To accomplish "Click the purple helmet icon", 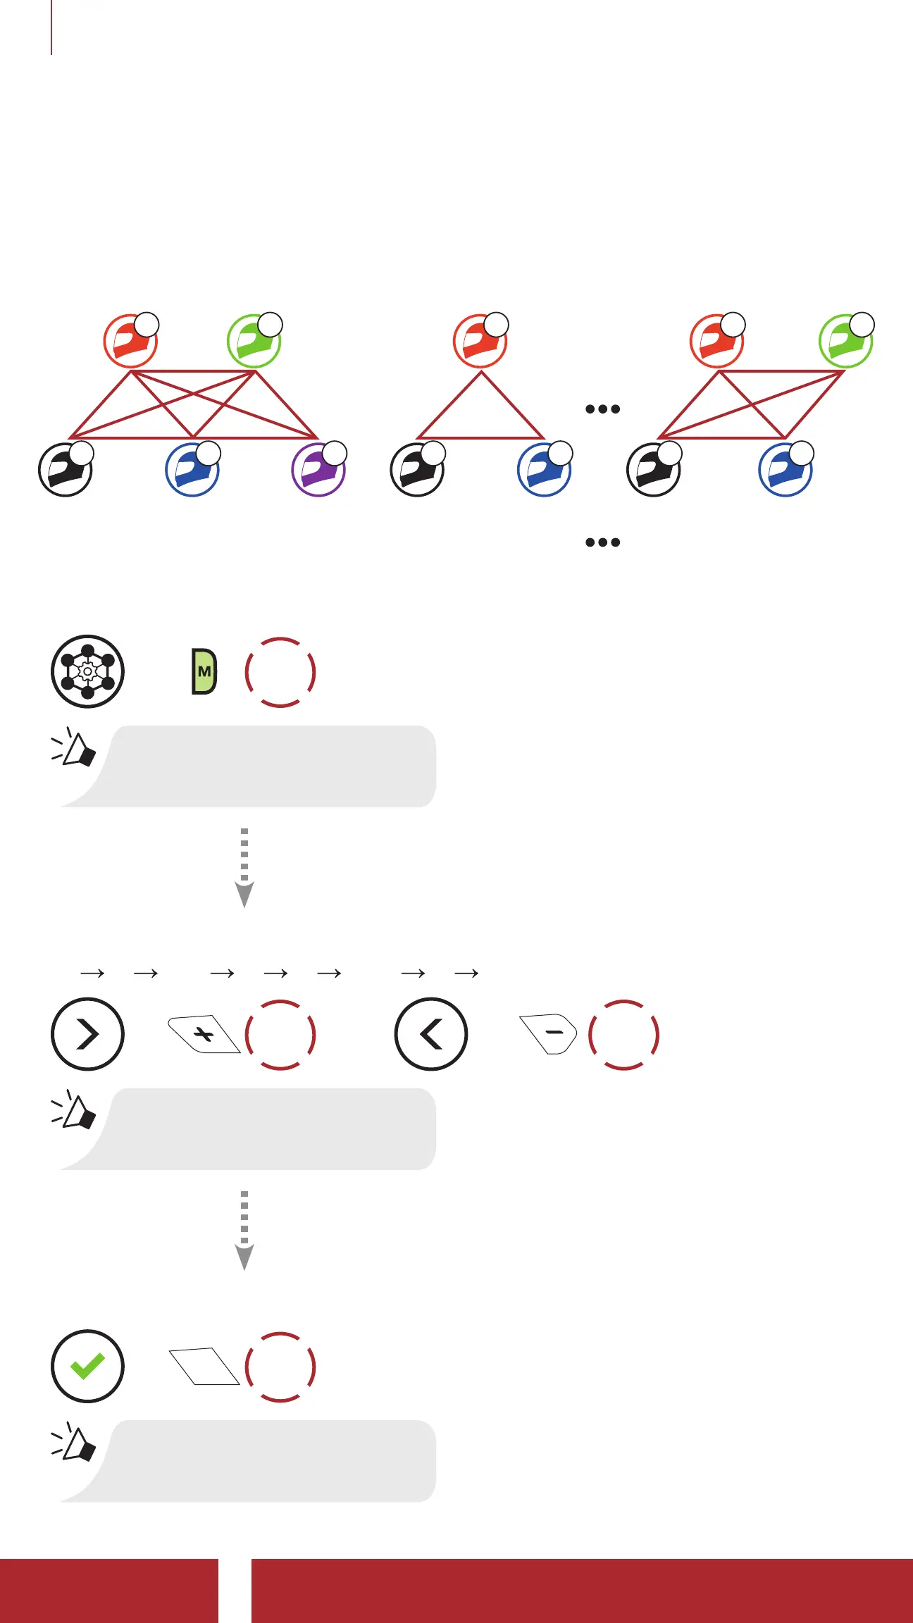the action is tap(318, 470).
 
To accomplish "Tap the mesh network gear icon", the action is tap(87, 671).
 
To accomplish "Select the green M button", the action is tap(204, 671).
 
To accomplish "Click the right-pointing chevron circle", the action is tap(87, 1034).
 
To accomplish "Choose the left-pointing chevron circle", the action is tap(431, 1034).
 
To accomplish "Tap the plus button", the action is tap(204, 1034).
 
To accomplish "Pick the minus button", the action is tap(549, 1033).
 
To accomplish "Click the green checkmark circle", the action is tap(87, 1367).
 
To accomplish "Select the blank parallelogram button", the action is tap(204, 1367).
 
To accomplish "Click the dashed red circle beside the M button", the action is tap(280, 672).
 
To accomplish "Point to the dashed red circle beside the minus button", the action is tap(623, 1035).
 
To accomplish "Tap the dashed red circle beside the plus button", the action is tap(280, 1035).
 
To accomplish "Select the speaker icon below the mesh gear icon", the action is tap(75, 748).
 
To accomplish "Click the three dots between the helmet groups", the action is tap(602, 409).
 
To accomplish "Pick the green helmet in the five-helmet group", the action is tap(254, 341).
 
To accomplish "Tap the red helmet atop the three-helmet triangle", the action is tap(480, 341).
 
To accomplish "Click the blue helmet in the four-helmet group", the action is tap(785, 470).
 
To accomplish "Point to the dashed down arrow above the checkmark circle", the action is tap(244, 1230).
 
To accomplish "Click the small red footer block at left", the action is tap(108, 1591).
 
